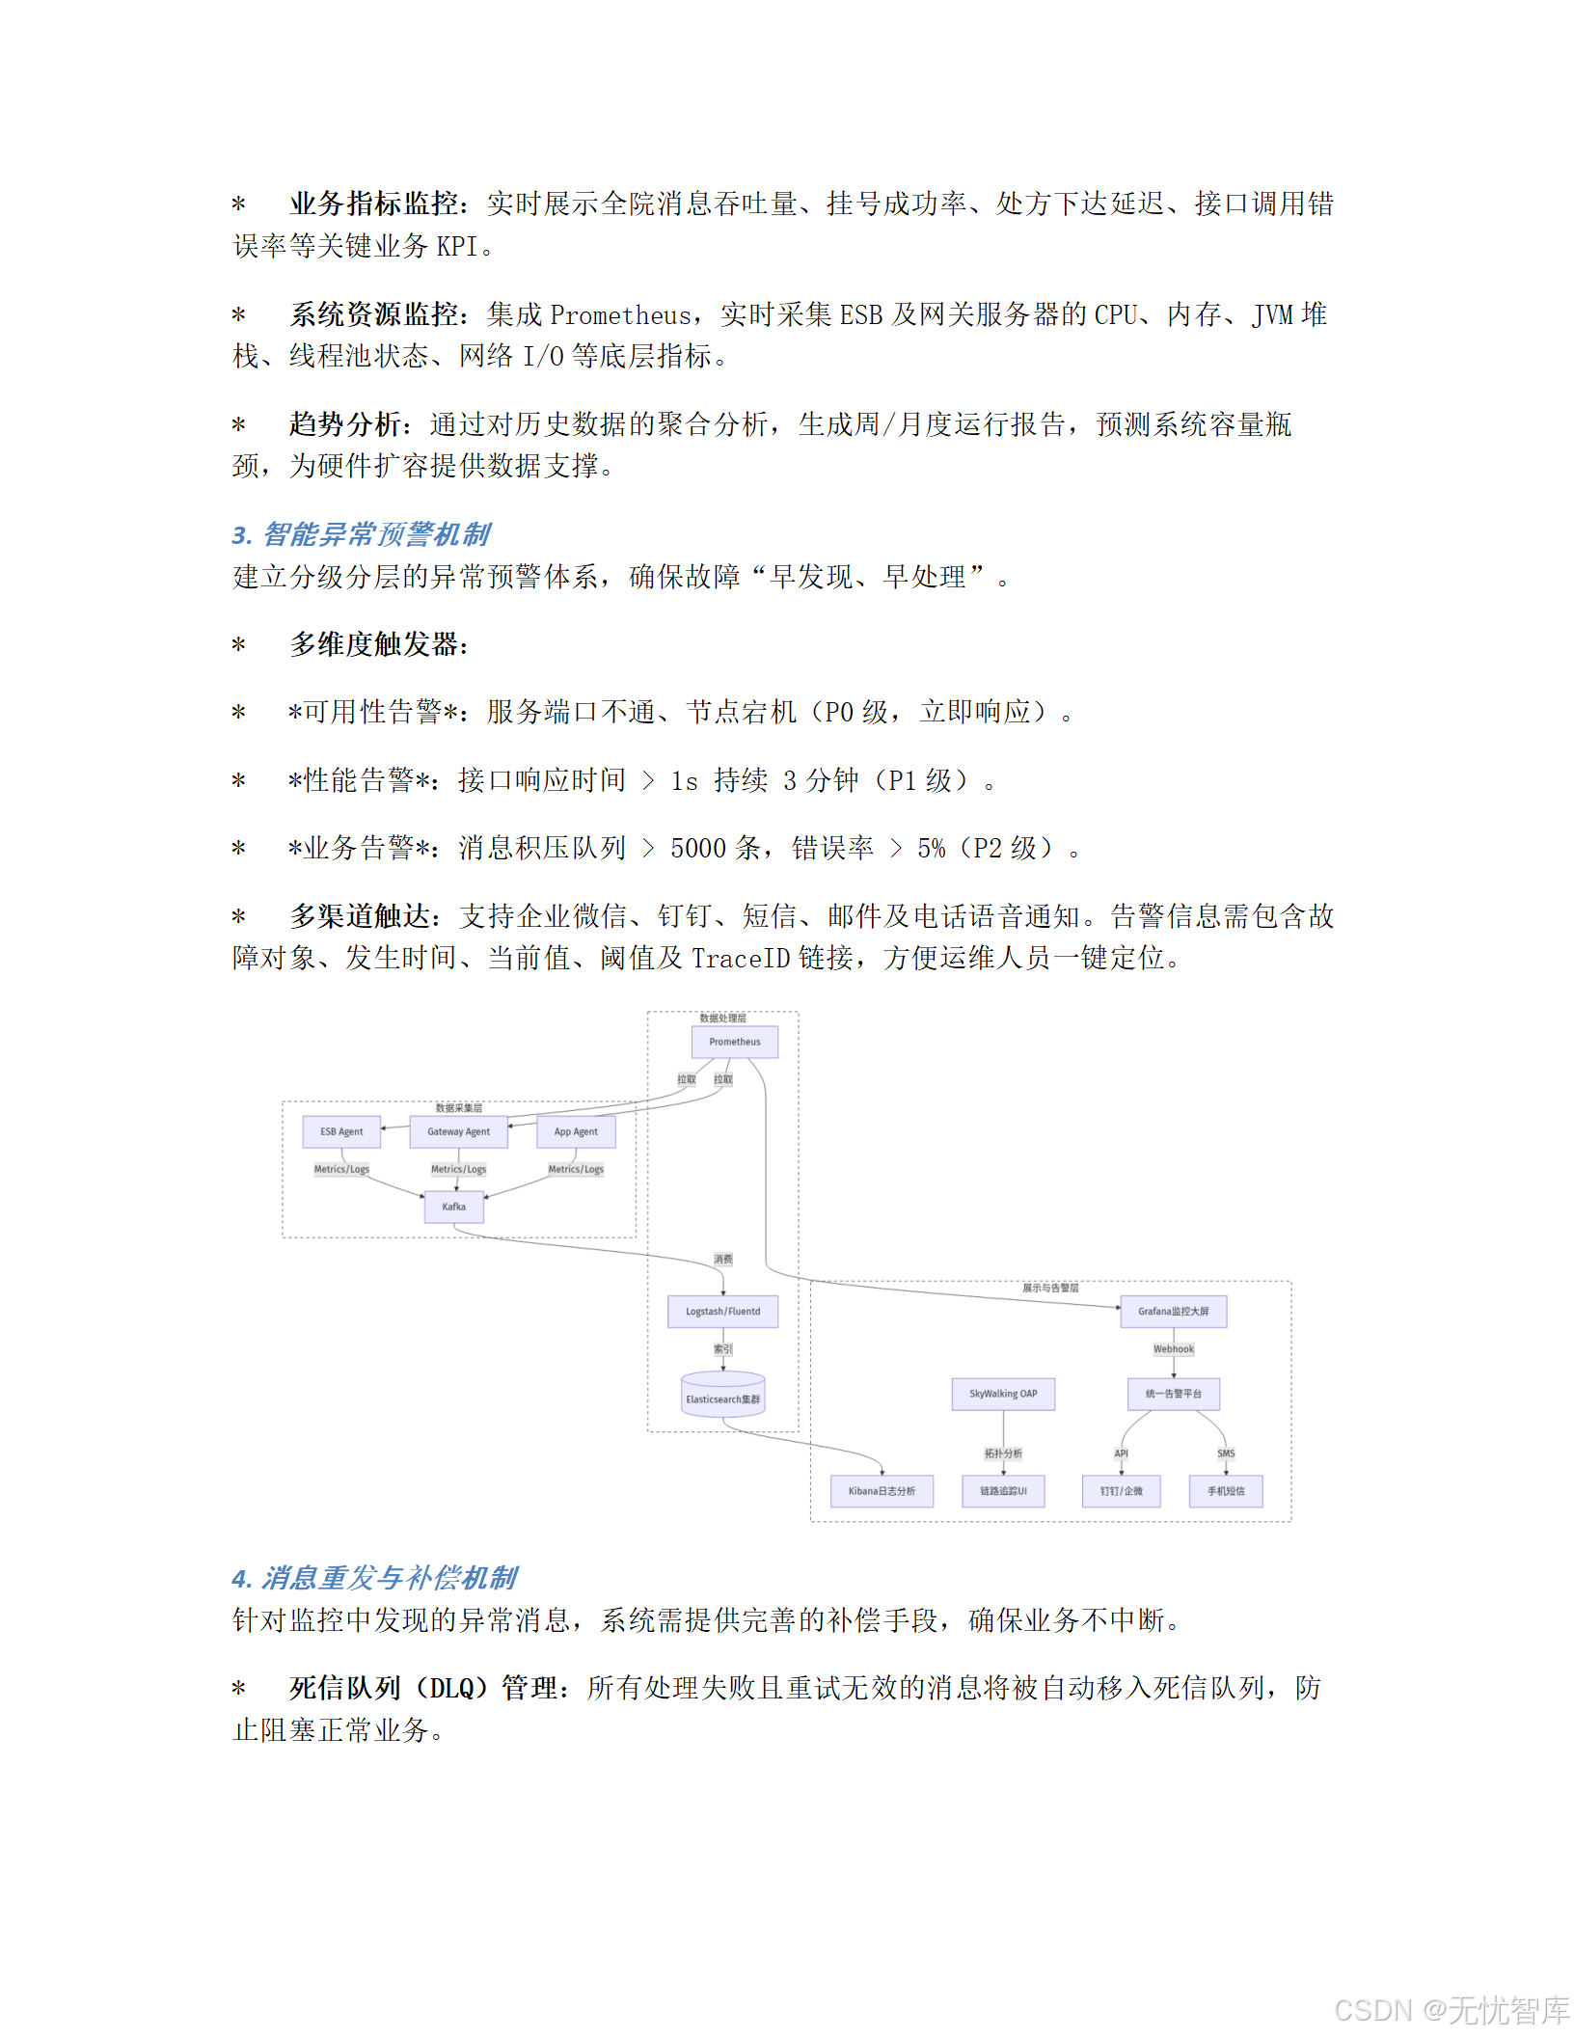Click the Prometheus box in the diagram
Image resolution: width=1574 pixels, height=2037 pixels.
pyautogui.click(x=734, y=1042)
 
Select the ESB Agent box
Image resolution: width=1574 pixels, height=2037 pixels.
pyautogui.click(x=341, y=1131)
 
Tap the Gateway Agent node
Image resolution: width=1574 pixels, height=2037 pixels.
pyautogui.click(x=458, y=1131)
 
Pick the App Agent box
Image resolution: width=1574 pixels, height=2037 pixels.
pyautogui.click(x=576, y=1131)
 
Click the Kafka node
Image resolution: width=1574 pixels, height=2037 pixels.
pyautogui.click(x=453, y=1207)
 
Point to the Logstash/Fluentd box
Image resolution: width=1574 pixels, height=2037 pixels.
pyautogui.click(x=722, y=1312)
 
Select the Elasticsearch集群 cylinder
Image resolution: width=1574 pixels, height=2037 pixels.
pyautogui.click(x=722, y=1397)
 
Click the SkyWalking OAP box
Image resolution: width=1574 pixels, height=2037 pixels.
pyautogui.click(x=1003, y=1394)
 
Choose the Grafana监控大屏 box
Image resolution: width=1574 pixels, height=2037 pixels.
pyautogui.click(x=1173, y=1312)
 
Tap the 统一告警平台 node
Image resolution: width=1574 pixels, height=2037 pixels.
pyautogui.click(x=1173, y=1394)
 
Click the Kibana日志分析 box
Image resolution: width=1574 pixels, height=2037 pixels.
pyautogui.click(x=882, y=1491)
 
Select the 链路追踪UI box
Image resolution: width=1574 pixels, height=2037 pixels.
pyautogui.click(x=1003, y=1491)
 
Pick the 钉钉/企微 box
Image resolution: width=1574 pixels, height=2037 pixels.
pyautogui.click(x=1121, y=1491)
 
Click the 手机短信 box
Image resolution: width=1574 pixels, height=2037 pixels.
pyautogui.click(x=1226, y=1491)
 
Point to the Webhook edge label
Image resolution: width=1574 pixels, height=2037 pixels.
pyautogui.click(x=1173, y=1349)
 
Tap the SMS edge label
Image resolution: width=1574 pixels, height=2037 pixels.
pyautogui.click(x=1226, y=1453)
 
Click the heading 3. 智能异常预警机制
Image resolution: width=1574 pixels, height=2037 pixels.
pyautogui.click(x=362, y=534)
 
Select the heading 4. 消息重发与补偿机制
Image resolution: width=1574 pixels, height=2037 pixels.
pyautogui.click(x=375, y=1578)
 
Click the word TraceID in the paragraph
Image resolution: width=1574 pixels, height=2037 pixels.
pyautogui.click(x=741, y=959)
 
